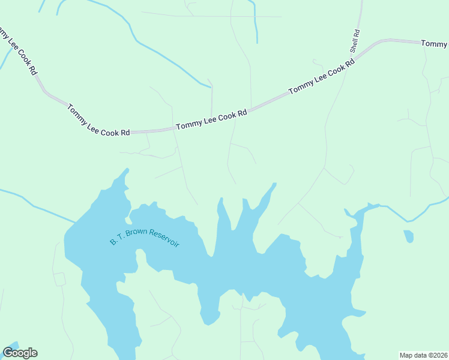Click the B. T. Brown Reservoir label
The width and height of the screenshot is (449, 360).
145,238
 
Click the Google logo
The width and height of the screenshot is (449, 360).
20,353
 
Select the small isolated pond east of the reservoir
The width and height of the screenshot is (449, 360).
409,236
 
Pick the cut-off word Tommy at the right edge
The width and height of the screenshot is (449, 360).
434,44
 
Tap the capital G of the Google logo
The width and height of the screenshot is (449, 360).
8,353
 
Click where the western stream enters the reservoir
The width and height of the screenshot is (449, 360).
75,223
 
